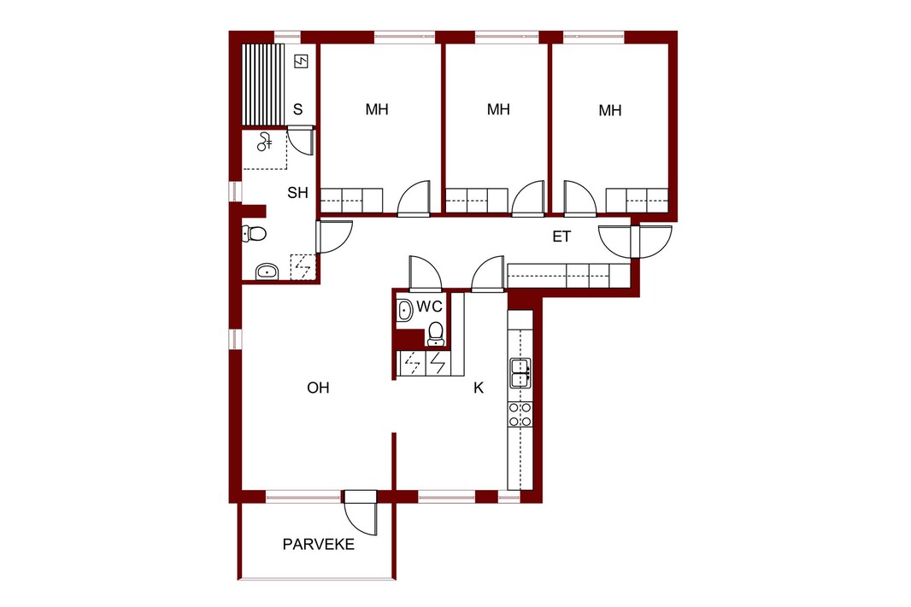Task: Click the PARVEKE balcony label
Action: (319, 545)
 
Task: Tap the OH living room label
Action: (318, 388)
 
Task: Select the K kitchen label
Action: (479, 388)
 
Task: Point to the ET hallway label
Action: (561, 236)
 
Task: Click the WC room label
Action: (429, 306)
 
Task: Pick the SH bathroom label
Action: (297, 193)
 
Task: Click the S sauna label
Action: (298, 109)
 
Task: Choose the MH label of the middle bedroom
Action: (498, 109)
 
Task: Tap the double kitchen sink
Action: (520, 372)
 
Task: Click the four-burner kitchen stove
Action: (520, 414)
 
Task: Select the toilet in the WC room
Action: (436, 335)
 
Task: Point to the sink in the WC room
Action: (404, 310)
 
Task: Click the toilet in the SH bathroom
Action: (254, 233)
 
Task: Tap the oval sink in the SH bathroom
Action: (267, 271)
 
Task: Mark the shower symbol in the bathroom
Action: (265, 142)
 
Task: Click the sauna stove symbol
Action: (301, 61)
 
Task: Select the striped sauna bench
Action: (263, 85)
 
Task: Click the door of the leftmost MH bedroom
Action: (414, 199)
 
